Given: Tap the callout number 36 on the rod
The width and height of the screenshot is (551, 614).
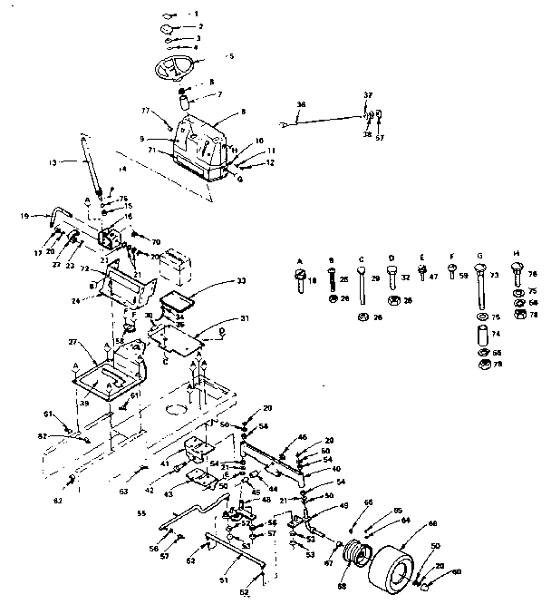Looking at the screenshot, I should tap(301, 106).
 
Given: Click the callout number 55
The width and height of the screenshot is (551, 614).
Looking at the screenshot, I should tap(140, 512).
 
